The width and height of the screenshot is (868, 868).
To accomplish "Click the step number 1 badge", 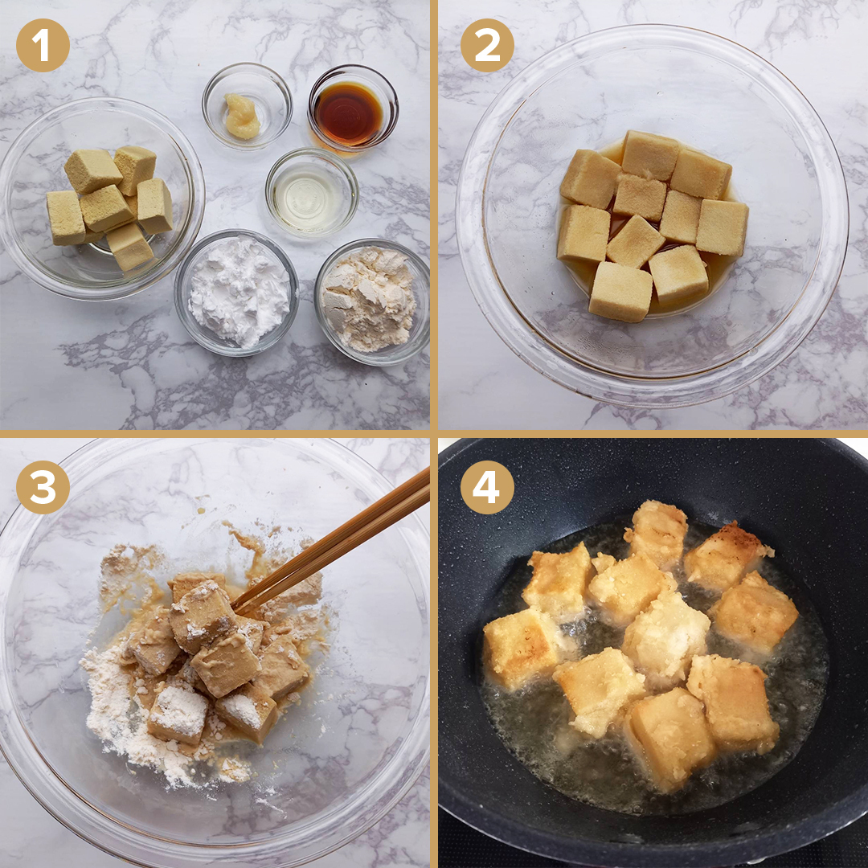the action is tap(43, 45).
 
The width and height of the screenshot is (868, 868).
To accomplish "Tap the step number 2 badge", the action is tap(487, 45).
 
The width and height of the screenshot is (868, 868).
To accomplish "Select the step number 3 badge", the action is tap(43, 487).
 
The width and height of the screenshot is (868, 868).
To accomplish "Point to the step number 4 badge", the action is tap(487, 487).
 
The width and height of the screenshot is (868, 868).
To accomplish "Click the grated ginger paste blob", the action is tap(242, 116).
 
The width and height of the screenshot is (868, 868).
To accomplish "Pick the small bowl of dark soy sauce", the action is tap(353, 108).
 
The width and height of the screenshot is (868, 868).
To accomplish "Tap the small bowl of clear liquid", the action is tap(312, 192).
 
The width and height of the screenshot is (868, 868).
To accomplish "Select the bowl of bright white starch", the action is tap(237, 293).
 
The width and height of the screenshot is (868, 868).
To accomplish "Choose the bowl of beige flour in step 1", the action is tap(371, 301).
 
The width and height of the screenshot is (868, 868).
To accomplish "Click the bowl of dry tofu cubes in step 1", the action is tap(101, 199).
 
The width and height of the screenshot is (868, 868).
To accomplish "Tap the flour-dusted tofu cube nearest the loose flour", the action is tap(178, 717).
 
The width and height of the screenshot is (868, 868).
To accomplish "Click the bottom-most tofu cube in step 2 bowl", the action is tap(620, 291).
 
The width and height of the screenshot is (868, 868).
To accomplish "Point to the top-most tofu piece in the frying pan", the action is tap(657, 533).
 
